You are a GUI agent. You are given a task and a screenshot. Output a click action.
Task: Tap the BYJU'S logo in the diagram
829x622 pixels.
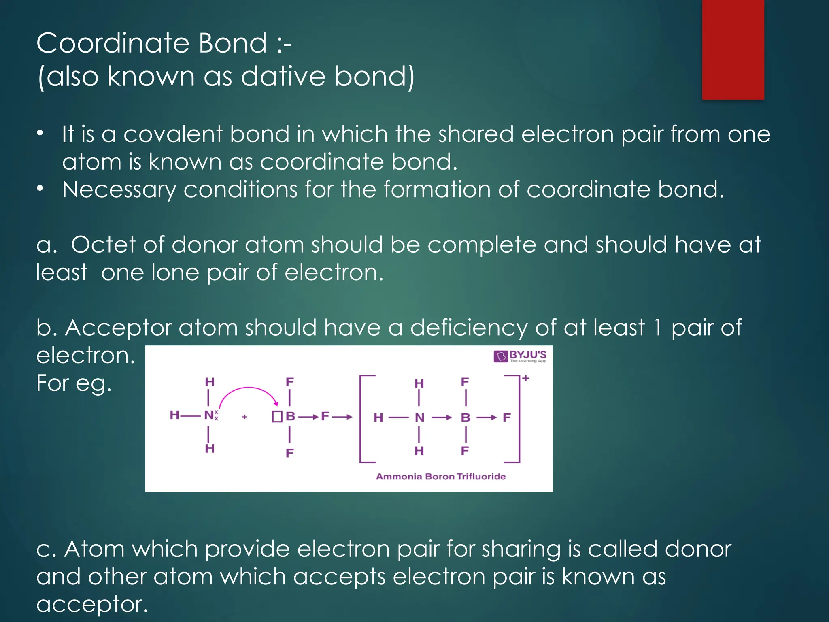click(x=520, y=356)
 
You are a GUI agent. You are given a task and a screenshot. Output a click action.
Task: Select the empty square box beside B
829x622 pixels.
click(x=277, y=417)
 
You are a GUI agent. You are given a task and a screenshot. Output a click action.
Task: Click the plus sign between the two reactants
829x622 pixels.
click(x=244, y=417)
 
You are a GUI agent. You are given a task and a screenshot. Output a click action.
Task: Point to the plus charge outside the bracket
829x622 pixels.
click(x=526, y=379)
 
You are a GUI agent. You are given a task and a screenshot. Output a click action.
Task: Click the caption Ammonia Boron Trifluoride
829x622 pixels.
click(x=441, y=477)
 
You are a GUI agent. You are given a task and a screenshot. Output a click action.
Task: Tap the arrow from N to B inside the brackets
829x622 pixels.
click(x=442, y=418)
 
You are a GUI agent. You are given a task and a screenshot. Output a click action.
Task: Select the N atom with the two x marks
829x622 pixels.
click(x=210, y=415)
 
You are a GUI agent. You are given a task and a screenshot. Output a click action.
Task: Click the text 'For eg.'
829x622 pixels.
click(x=74, y=383)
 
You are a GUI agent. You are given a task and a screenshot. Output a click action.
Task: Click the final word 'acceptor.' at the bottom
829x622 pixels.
click(x=92, y=605)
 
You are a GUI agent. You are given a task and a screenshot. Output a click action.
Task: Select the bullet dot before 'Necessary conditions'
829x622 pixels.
click(x=40, y=189)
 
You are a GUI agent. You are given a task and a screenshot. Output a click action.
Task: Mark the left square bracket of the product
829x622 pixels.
click(x=361, y=419)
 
